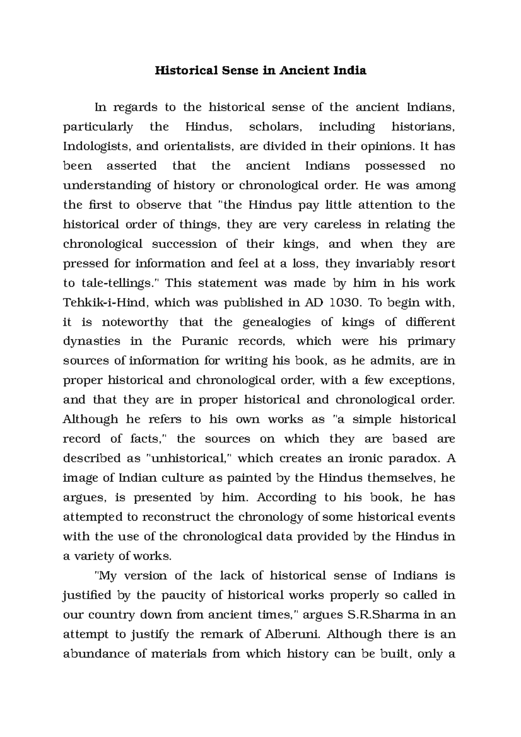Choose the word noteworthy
(x=135, y=322)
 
